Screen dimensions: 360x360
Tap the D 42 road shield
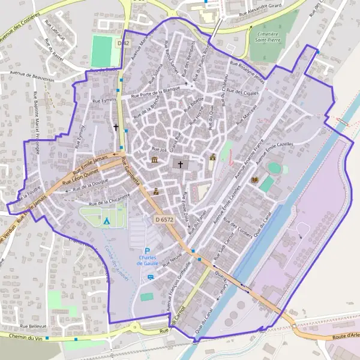123,43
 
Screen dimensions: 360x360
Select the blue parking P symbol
147,250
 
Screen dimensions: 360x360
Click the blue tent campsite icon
106,221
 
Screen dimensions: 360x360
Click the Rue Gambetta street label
131,172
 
